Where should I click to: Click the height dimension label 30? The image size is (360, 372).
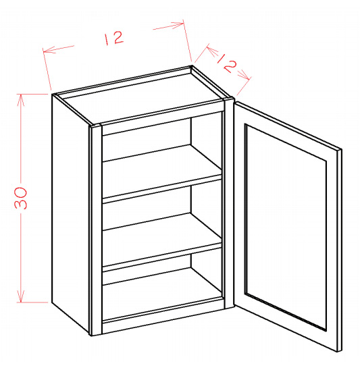pos(21,198)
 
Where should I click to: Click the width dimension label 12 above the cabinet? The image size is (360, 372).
pos(113,38)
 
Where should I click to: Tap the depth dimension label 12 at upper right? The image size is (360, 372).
pos(227,63)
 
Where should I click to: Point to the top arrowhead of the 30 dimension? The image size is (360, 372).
pos(21,100)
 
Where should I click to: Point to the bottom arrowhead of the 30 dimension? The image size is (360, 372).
pos(21,296)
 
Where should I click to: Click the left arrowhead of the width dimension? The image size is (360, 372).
pos(49,49)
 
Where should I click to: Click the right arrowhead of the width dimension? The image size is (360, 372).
pos(178,25)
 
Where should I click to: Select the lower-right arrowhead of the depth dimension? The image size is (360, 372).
pos(245,75)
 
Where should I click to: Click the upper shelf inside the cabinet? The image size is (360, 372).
pos(162,174)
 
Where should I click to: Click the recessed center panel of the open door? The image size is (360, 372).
pos(286,228)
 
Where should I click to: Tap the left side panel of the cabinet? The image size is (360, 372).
pos(70,213)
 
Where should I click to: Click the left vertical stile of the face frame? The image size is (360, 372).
pos(97,230)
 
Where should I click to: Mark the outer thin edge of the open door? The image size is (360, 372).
pos(340,250)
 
